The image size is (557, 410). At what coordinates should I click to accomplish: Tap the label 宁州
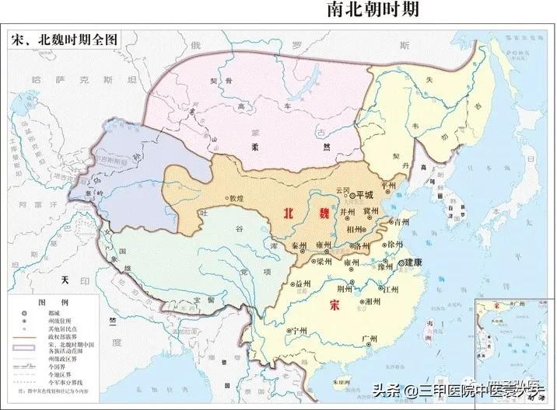297,331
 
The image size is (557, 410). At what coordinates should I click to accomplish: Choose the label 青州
401,221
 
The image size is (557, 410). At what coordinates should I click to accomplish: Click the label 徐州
395,244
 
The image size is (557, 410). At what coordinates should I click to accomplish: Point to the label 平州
390,186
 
